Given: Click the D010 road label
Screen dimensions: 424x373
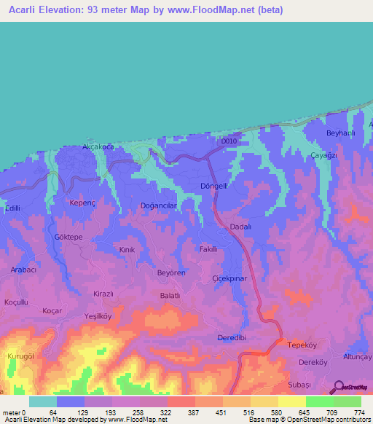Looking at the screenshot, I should pos(229,141).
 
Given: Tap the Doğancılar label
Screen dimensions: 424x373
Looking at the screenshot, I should pos(154,206).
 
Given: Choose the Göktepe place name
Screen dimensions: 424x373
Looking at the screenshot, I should pos(69,237).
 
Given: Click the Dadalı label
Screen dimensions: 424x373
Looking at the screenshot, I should pos(240,227).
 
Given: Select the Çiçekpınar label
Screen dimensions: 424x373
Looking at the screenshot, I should pos(229,279).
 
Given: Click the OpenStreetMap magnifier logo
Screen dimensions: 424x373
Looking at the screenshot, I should pos(339,388).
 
